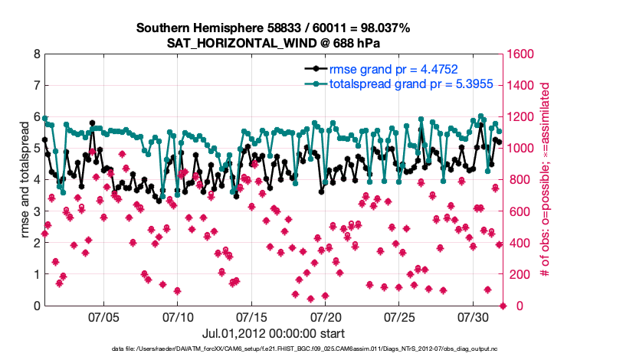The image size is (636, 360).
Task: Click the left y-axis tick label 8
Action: click(37, 54)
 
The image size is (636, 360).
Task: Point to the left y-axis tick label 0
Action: click(37, 306)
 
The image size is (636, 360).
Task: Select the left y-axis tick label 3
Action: click(37, 211)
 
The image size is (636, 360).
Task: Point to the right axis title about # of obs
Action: click(545, 180)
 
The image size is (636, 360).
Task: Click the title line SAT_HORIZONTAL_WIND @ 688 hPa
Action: click(274, 43)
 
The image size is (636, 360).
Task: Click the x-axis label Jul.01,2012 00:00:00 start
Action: click(273, 333)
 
